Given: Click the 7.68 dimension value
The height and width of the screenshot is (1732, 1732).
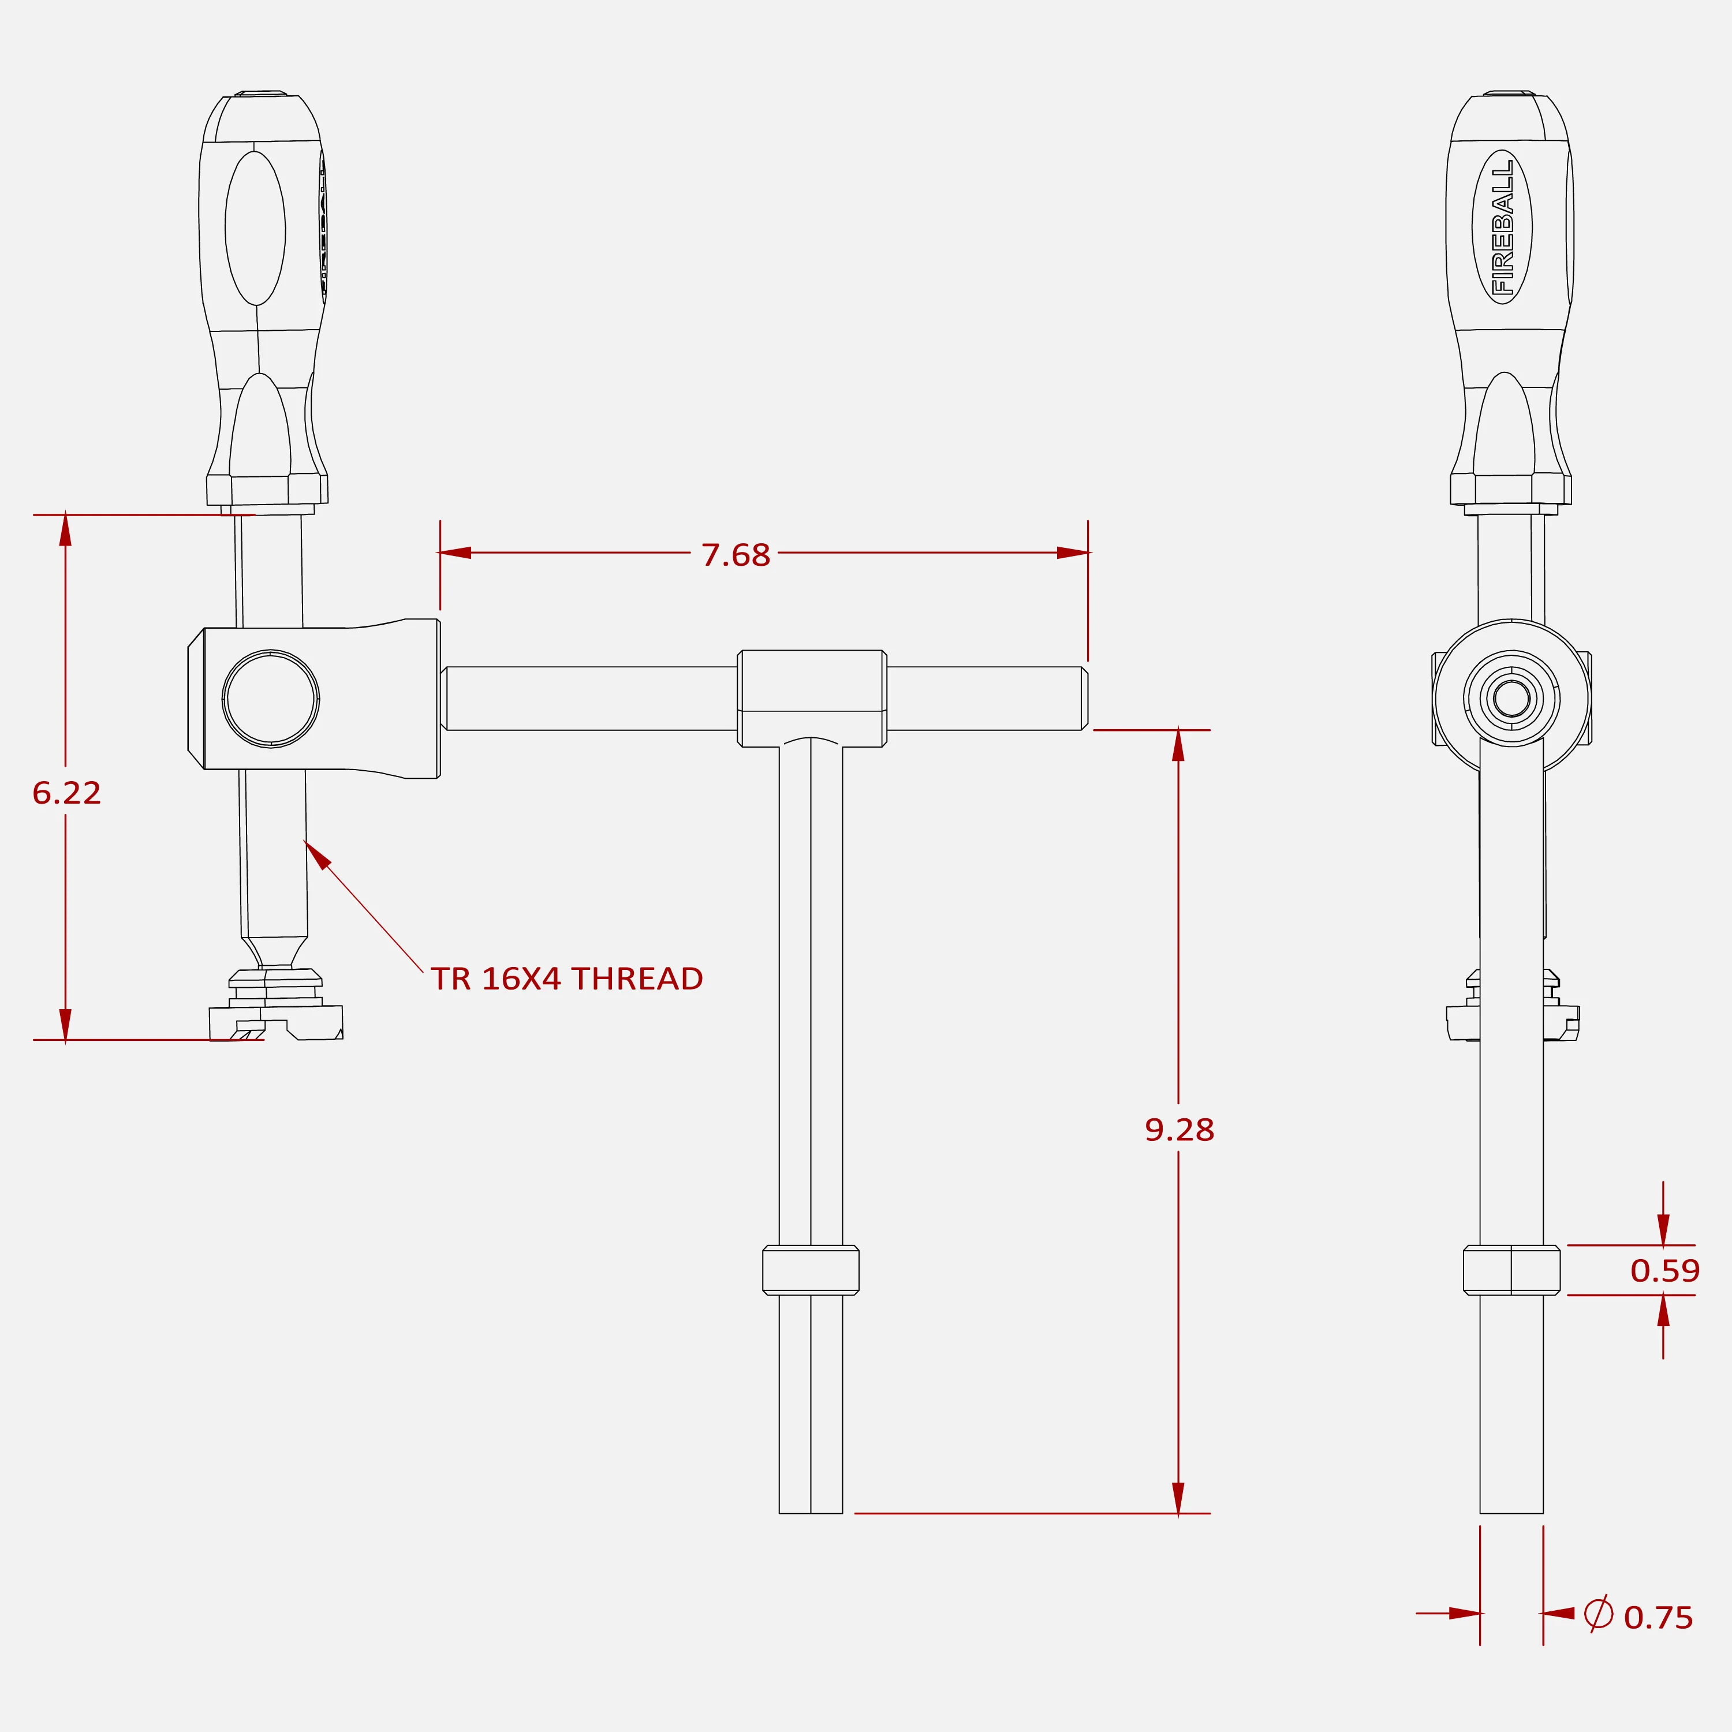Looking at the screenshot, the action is coord(735,555).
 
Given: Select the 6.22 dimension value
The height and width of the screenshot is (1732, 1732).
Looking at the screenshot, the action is coord(66,793).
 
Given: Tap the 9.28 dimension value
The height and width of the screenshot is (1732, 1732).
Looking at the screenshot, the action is coord(1179,1130).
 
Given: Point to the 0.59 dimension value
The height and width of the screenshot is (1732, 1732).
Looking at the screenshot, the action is coord(1665,1270).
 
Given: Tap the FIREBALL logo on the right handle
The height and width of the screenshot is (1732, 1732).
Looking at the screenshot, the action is coord(1502,227).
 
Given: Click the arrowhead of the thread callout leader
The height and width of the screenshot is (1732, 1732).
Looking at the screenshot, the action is coord(318,854).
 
